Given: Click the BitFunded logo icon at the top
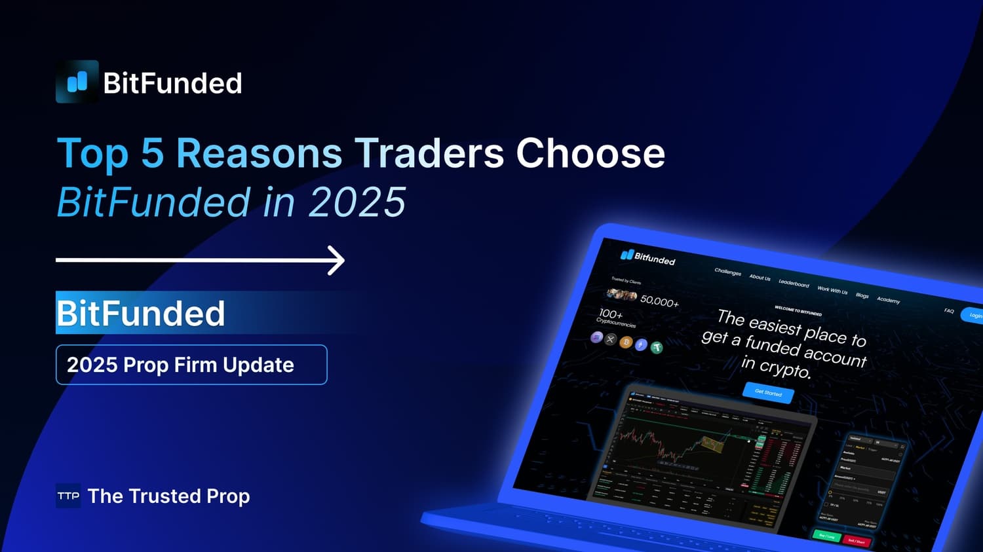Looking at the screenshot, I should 77,82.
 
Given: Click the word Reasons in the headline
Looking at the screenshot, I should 259,153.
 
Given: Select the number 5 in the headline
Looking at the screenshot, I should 152,153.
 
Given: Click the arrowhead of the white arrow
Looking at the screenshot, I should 337,260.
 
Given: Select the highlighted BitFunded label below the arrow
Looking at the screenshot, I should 141,313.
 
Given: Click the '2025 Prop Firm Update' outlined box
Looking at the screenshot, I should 191,365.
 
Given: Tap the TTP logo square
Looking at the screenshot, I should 68,496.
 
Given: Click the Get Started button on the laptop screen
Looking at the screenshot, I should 768,393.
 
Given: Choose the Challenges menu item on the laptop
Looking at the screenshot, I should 727,272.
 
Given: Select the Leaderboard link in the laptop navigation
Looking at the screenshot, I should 794,283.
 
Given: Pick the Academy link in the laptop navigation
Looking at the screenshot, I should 888,300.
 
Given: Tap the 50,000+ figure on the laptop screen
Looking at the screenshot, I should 659,301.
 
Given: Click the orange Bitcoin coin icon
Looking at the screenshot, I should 626,342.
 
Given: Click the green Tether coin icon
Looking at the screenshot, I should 656,347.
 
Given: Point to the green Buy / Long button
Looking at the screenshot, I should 827,536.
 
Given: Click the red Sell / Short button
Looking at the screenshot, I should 856,541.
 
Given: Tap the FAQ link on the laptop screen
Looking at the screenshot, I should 948,310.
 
